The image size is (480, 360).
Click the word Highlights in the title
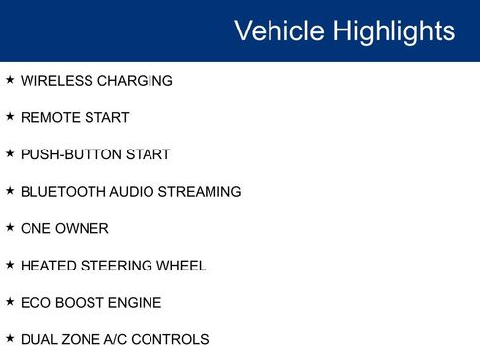tap(393, 31)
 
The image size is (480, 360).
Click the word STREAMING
tap(201, 192)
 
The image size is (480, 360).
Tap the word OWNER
tap(84, 228)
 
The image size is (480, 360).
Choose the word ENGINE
tap(134, 303)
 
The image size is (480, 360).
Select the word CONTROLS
tap(173, 339)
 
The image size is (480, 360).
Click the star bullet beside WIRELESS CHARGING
tap(10, 80)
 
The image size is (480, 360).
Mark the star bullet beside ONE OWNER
tap(10, 227)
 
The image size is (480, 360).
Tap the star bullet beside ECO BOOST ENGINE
tap(10, 301)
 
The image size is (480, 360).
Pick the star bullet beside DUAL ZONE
tap(10, 338)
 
